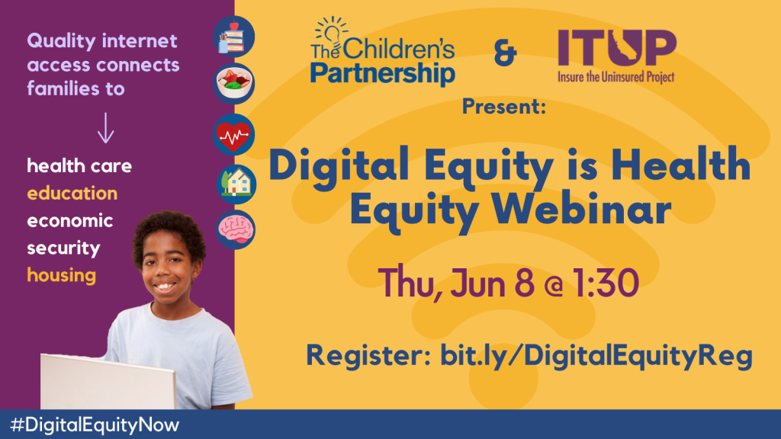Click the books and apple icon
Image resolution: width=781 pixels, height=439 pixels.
coord(233,37)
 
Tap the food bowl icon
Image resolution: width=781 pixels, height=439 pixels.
coord(233,83)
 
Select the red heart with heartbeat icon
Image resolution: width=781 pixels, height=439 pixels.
coord(233,134)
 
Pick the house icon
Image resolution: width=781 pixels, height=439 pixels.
coord(236,184)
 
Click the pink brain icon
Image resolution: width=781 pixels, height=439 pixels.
coord(236,229)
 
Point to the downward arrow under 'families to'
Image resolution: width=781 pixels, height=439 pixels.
coord(105,128)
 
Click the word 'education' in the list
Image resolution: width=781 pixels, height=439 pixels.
coord(72,193)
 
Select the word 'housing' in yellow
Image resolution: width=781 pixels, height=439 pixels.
coord(61,275)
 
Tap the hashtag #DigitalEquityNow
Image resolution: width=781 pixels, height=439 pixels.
coord(95,425)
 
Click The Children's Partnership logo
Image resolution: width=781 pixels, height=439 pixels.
coord(383,51)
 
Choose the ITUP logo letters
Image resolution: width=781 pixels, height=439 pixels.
coord(617,47)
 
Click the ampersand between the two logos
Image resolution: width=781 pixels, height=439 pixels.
coord(505,53)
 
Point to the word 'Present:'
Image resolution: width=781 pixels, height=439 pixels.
coord(504,107)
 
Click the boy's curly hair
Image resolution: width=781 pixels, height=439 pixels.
coord(169,232)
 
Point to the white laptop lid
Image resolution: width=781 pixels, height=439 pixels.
coord(108,382)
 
